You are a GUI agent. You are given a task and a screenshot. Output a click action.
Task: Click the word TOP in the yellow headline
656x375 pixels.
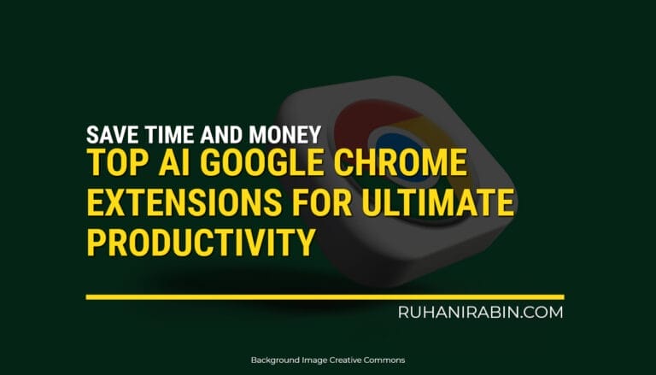coord(114,166)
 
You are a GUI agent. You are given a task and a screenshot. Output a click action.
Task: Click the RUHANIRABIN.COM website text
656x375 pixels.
coord(480,313)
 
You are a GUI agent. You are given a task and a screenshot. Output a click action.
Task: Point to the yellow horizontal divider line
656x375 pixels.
coord(325,296)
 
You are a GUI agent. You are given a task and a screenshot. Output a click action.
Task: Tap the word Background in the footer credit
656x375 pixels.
coord(276,360)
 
